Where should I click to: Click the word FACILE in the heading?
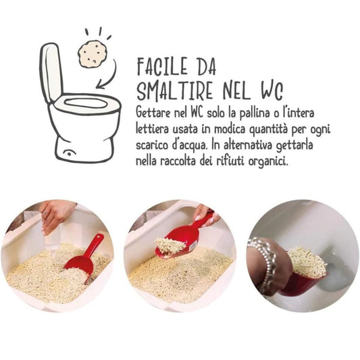pos(163,67)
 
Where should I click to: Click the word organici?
pos(268,161)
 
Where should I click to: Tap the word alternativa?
pos(248,145)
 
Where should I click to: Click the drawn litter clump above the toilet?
pos(92,55)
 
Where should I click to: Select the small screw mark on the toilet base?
pos(68,153)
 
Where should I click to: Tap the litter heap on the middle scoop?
pos(170,246)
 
